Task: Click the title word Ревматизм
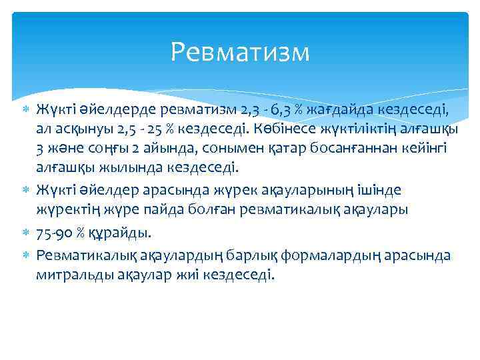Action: pyautogui.click(x=240, y=51)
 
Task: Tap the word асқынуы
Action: pyautogui.click(x=82, y=127)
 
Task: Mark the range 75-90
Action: pyautogui.click(x=54, y=233)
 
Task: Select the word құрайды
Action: pyautogui.click(x=117, y=233)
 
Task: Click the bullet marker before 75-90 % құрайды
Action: pyautogui.click(x=26, y=233)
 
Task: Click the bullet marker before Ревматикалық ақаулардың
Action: pyautogui.click(x=26, y=255)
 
